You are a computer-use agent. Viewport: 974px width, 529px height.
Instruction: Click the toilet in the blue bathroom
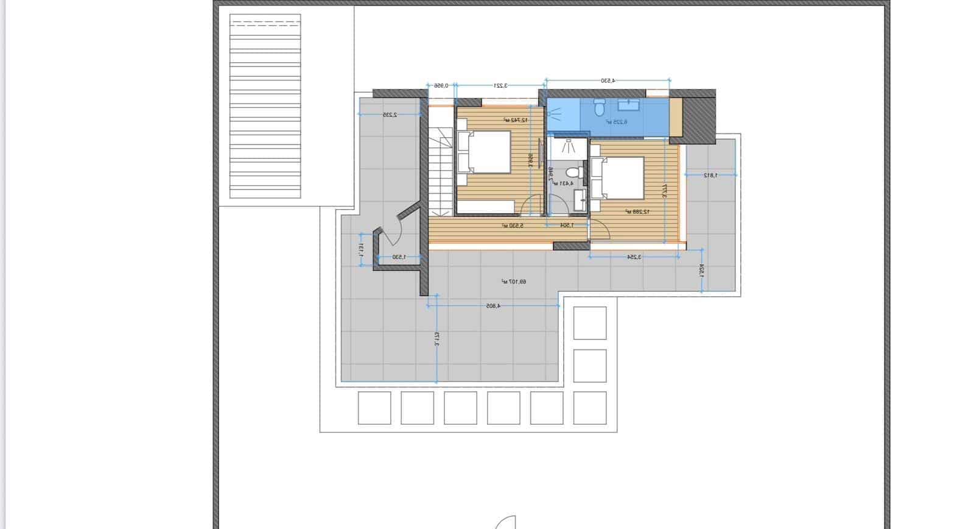599,108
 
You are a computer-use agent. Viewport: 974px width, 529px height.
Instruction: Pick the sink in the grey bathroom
580,198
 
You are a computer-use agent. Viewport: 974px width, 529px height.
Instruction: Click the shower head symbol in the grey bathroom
568,146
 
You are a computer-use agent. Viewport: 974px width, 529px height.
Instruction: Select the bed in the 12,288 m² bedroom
617,178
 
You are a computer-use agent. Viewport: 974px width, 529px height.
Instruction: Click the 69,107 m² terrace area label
514,282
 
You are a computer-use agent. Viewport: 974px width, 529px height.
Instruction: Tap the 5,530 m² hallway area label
513,225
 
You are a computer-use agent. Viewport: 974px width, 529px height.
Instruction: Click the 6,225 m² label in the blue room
617,122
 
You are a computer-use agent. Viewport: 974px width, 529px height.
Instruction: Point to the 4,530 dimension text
608,80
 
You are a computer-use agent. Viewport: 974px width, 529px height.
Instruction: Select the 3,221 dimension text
500,86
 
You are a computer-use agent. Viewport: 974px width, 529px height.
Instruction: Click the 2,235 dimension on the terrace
390,115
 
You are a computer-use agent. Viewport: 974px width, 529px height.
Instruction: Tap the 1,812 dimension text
710,176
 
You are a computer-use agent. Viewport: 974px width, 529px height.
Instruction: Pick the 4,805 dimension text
492,306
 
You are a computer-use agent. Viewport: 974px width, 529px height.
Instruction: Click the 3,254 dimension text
634,257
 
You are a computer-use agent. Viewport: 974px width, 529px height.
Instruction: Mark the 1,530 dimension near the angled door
399,257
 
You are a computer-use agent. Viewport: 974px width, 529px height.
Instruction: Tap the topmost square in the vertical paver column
590,323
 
